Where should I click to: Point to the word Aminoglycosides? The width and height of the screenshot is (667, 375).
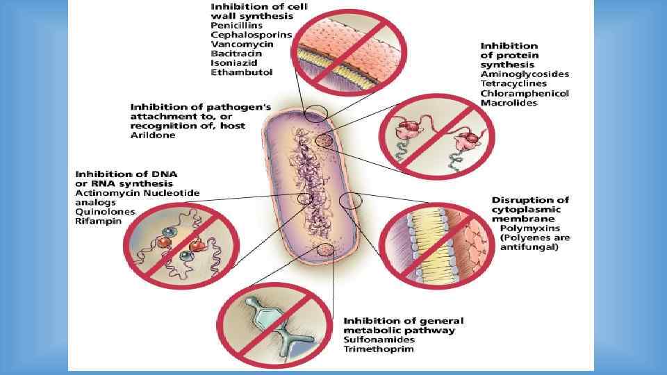[x=525, y=74]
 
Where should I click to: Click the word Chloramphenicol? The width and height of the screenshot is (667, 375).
[x=525, y=93]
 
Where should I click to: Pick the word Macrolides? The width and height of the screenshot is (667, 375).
[x=509, y=103]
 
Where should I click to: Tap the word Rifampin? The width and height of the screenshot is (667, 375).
[x=97, y=222]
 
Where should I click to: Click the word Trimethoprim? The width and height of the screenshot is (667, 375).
[x=379, y=349]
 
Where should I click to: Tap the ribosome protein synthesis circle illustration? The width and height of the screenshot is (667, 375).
[x=436, y=135]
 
